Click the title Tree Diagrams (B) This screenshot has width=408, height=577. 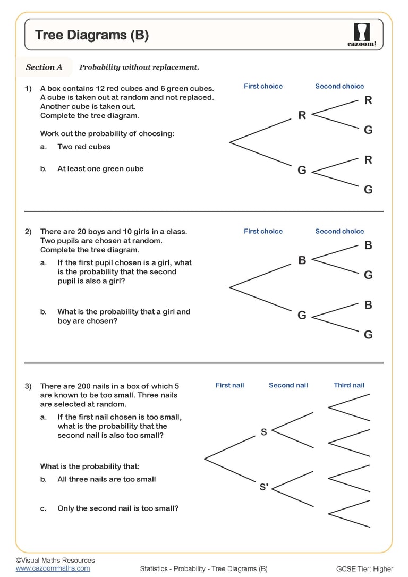[92, 35]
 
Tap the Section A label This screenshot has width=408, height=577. [44, 67]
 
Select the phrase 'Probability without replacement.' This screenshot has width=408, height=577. [139, 67]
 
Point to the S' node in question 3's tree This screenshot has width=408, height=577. [264, 487]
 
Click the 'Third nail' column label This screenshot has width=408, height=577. [349, 385]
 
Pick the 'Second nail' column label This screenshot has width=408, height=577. [288, 385]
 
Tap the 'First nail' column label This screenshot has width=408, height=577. [229, 385]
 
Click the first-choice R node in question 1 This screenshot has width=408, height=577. [302, 115]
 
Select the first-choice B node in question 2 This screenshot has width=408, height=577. [302, 260]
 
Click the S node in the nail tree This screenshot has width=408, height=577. [264, 432]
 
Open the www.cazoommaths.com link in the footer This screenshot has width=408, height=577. [53, 568]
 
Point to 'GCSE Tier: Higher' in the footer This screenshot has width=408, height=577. [364, 569]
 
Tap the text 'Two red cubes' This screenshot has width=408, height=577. [84, 147]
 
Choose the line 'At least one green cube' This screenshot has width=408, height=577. [100, 168]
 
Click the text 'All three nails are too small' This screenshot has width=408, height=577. [106, 479]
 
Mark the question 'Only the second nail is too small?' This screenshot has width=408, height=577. [118, 508]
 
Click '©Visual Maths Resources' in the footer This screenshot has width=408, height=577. [55, 560]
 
